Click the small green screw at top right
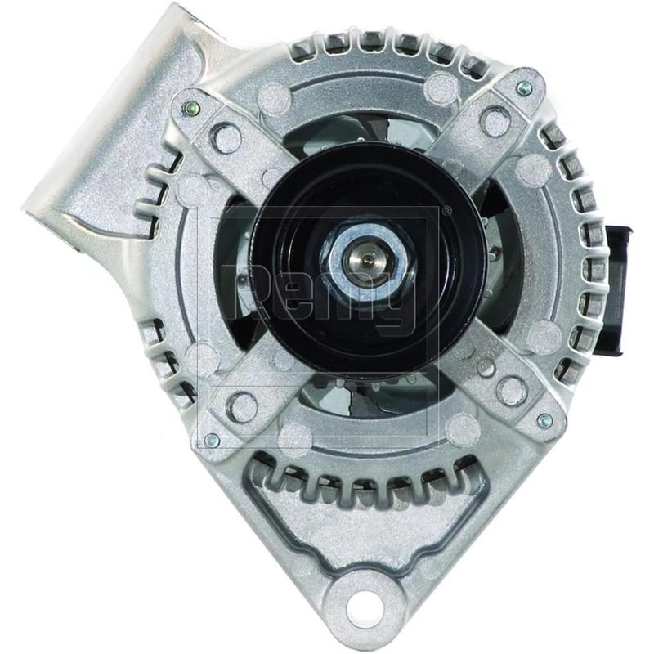click(x=524, y=87)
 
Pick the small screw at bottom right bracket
click(x=544, y=421)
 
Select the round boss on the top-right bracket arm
click(x=495, y=122)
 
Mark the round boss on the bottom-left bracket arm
click(x=242, y=406)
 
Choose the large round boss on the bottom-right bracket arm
click(x=511, y=390)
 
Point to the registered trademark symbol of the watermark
click(x=446, y=211)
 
